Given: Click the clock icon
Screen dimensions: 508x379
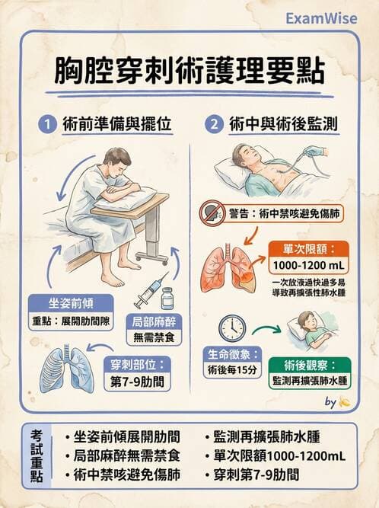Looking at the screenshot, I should tap(231, 327).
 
